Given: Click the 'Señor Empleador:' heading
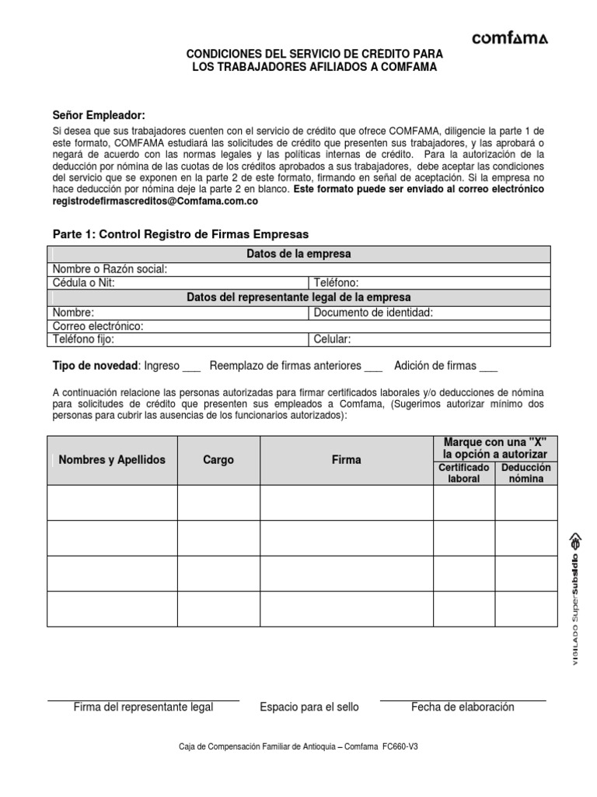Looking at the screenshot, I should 99,115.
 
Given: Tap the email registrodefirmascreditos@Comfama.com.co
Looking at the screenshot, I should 155,201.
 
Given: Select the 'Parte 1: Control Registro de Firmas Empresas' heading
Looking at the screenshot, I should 180,233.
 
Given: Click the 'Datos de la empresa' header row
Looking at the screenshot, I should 298,255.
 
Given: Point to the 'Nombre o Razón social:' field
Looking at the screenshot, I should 233,269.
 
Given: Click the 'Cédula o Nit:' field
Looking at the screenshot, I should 179,283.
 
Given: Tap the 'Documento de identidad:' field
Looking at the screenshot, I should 429,312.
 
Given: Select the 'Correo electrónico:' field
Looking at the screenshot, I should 233,326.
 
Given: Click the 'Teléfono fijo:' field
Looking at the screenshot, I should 179,340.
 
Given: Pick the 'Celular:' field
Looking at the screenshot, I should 429,340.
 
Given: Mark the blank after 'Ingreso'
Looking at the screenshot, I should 191,366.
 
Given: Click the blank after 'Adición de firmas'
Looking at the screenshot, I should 488,366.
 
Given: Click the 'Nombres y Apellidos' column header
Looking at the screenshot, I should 112,460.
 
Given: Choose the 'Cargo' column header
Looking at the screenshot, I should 218,460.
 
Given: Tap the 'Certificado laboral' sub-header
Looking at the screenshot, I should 464,472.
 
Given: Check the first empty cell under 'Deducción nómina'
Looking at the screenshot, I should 526,503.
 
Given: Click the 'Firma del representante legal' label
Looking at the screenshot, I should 143,707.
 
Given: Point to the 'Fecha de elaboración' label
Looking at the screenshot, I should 463,707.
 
